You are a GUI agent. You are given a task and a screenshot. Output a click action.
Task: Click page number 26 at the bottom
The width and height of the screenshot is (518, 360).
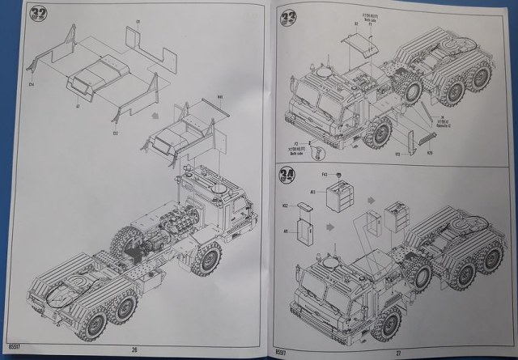tap(132, 350)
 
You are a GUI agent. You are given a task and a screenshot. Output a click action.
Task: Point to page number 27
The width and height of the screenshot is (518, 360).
tap(397, 350)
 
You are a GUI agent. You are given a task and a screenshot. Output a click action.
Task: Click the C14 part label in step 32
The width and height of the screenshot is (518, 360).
tap(32, 84)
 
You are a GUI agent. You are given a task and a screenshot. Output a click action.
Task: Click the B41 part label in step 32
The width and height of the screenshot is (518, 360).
tap(219, 97)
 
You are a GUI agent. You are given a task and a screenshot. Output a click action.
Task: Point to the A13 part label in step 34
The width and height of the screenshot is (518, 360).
tap(312, 192)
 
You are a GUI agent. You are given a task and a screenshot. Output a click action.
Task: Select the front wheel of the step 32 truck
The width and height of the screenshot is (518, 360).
tap(205, 260)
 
